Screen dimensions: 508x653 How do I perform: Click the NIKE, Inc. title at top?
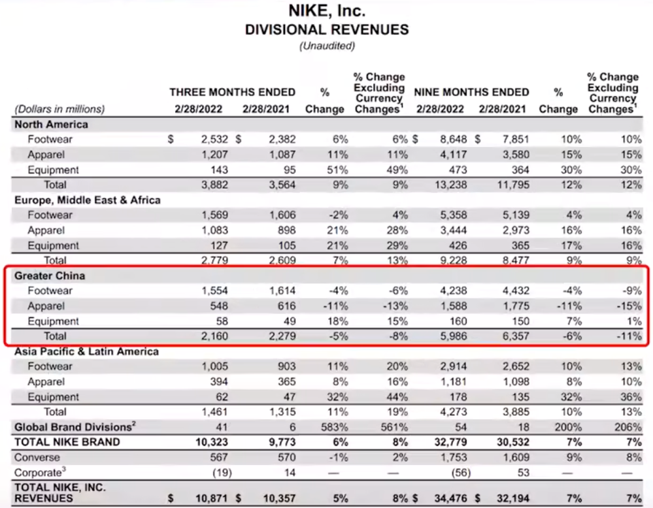pos(326,11)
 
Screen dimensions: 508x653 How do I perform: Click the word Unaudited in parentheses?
pos(326,46)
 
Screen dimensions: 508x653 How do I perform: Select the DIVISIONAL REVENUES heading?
pos(326,29)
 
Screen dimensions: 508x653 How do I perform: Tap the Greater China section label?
pos(50,276)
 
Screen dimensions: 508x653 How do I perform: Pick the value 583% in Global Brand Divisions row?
pos(335,427)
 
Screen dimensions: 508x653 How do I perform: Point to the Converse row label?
pos(37,457)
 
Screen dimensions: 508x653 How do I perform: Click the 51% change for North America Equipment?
pos(338,170)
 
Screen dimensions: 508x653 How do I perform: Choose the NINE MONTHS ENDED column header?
pos(472,92)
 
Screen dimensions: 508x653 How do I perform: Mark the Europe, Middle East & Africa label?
pos(88,200)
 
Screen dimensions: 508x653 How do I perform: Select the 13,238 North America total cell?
pos(449,185)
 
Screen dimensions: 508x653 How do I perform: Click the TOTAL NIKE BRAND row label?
pos(67,442)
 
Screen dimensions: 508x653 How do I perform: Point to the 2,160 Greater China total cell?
pos(215,336)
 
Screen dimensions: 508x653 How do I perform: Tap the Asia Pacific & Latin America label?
pos(87,351)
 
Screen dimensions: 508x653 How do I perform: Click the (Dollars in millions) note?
pos(59,109)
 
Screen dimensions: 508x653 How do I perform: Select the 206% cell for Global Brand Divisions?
pos(628,427)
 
